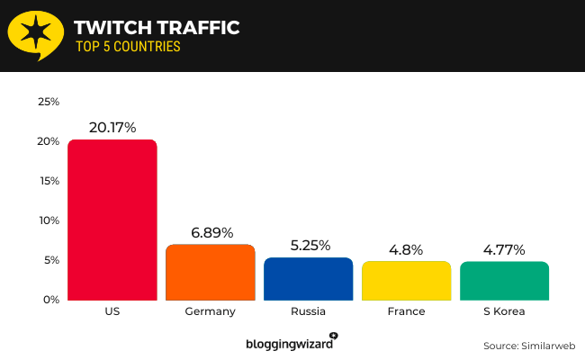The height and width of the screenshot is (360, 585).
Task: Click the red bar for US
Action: coord(112,220)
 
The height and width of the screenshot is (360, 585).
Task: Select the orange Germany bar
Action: coord(210,272)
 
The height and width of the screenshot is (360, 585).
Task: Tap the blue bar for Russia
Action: coord(308,278)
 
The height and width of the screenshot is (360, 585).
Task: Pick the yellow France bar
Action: coord(406,280)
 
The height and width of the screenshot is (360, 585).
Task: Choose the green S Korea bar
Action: coord(504,280)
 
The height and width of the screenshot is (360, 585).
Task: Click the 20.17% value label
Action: coord(112,128)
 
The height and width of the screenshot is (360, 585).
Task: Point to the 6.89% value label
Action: coord(210,232)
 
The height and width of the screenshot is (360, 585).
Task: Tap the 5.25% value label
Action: coord(308,245)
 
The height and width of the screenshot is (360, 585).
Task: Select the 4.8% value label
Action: coord(406,248)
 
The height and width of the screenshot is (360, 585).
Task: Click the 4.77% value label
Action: coord(504,248)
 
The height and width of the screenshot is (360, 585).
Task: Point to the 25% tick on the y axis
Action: coord(49,102)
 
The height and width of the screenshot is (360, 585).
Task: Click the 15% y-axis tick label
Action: coord(49,181)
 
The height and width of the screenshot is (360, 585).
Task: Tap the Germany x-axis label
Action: coord(210,311)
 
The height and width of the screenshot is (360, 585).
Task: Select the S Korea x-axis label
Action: coord(504,311)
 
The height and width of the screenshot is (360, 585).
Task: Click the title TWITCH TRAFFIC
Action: coord(157,28)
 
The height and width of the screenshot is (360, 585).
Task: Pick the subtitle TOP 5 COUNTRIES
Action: coord(127,47)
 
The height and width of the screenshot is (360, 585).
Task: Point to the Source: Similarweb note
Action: coord(528,345)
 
